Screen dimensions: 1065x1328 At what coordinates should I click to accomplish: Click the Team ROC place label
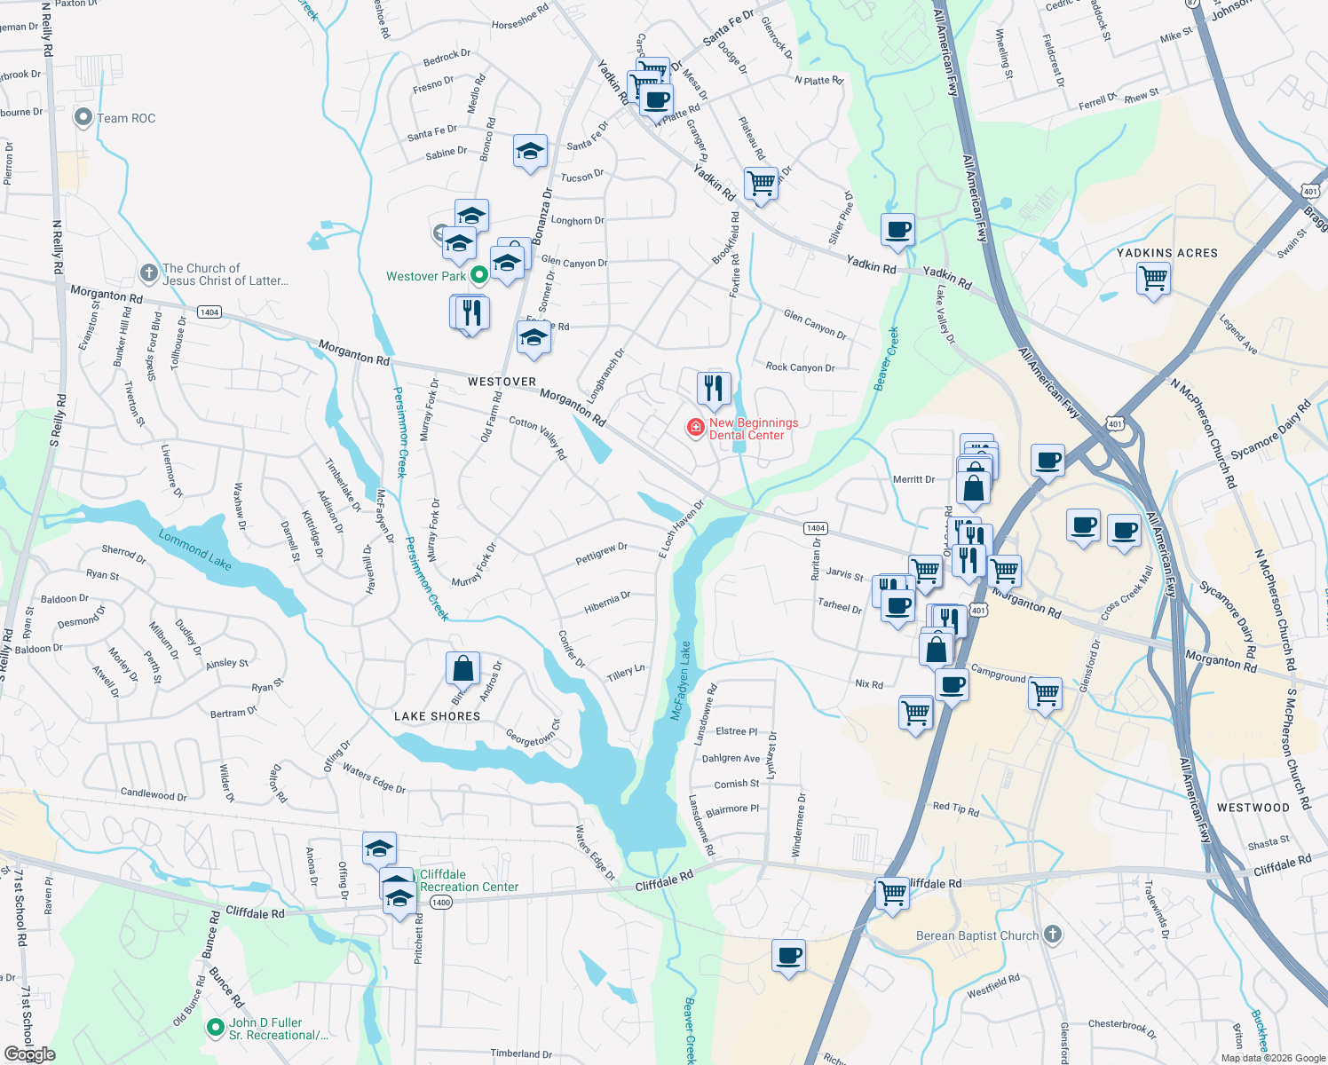[125, 118]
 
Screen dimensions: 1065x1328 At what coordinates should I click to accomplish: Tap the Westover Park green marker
[479, 275]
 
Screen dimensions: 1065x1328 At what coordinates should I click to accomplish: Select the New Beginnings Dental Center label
[753, 429]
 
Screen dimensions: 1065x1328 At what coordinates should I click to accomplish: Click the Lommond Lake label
[194, 548]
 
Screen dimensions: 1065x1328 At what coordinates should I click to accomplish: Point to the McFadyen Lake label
[681, 681]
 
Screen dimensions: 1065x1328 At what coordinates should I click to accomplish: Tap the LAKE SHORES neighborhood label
[437, 716]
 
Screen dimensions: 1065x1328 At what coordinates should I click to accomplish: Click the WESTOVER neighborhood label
[502, 382]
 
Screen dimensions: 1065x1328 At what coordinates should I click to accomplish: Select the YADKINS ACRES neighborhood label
[1166, 253]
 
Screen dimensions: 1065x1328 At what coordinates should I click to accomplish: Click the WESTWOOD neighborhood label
[1253, 808]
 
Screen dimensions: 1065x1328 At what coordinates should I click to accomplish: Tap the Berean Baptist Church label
[977, 935]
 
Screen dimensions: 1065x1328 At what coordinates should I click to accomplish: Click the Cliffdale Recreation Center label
[469, 880]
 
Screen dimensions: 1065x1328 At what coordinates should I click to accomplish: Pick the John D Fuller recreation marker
[215, 1028]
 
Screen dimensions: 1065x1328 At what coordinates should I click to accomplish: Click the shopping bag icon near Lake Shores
[462, 668]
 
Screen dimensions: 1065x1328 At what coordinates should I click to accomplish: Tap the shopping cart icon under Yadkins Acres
[1153, 280]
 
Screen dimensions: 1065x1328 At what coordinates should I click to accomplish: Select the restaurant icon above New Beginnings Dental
[714, 389]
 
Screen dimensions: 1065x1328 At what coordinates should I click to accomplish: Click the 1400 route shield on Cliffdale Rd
[440, 903]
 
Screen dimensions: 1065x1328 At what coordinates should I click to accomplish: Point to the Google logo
[30, 1053]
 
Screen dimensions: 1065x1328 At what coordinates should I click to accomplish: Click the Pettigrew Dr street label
[601, 554]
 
